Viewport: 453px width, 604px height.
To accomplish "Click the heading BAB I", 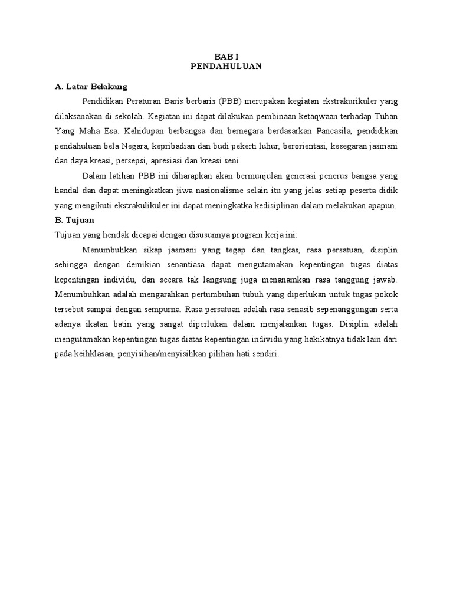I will coord(226,57).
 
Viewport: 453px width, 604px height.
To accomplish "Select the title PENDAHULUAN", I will coord(226,67).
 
